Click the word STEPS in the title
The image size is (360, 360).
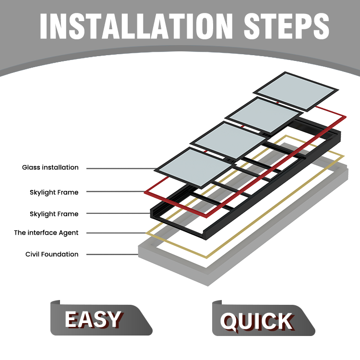click(287, 26)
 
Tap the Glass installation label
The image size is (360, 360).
click(50, 168)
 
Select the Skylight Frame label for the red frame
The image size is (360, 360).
click(54, 192)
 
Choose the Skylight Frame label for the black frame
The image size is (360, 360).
click(54, 214)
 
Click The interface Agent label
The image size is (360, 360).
click(46, 233)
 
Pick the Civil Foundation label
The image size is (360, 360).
click(52, 254)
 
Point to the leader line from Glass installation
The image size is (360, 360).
click(121, 168)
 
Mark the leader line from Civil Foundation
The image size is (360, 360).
click(112, 254)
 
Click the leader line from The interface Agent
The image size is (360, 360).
click(116, 233)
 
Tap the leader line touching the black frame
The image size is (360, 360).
click(119, 213)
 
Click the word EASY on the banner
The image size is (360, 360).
click(93, 319)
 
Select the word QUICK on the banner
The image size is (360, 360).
click(256, 322)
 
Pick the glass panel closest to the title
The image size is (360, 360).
click(296, 92)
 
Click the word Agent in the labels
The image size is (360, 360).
click(69, 233)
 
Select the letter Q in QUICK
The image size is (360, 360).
click(228, 322)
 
